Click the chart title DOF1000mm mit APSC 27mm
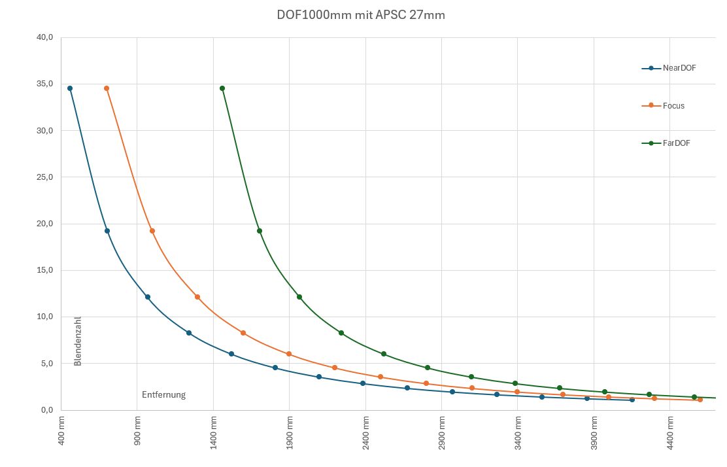coord(362,14)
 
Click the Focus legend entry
coord(673,105)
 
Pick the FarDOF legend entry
coord(676,143)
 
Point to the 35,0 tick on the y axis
coord(44,84)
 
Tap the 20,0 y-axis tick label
coord(44,224)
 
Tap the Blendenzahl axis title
coord(78,341)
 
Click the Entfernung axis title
coord(164,394)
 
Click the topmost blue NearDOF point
coord(70,88)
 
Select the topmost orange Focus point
coord(107,88)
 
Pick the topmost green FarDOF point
coord(222,88)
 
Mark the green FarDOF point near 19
coord(260,231)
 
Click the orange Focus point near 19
coord(152,231)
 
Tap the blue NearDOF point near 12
coord(148,297)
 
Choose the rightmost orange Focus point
coord(700,400)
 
